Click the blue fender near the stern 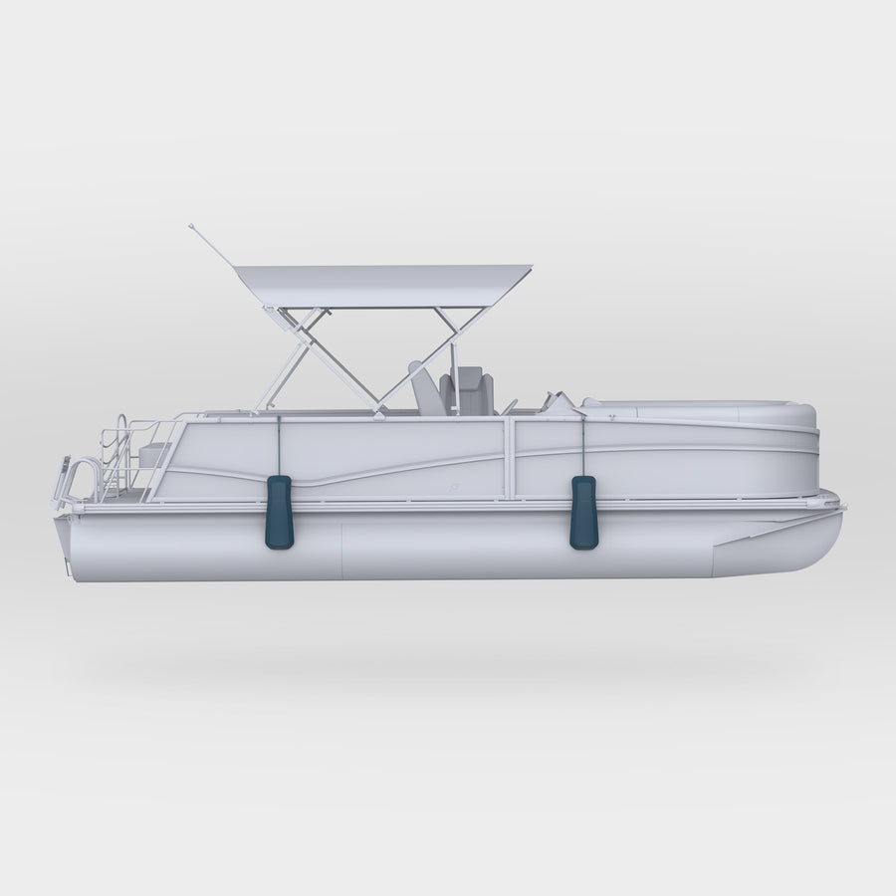click(279, 512)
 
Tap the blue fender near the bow click(583, 512)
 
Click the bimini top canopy click(383, 286)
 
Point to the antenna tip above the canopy click(190, 226)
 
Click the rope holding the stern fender click(279, 445)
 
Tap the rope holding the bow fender click(583, 446)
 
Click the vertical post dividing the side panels click(510, 458)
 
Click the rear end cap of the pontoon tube click(63, 546)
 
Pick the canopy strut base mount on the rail click(379, 410)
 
